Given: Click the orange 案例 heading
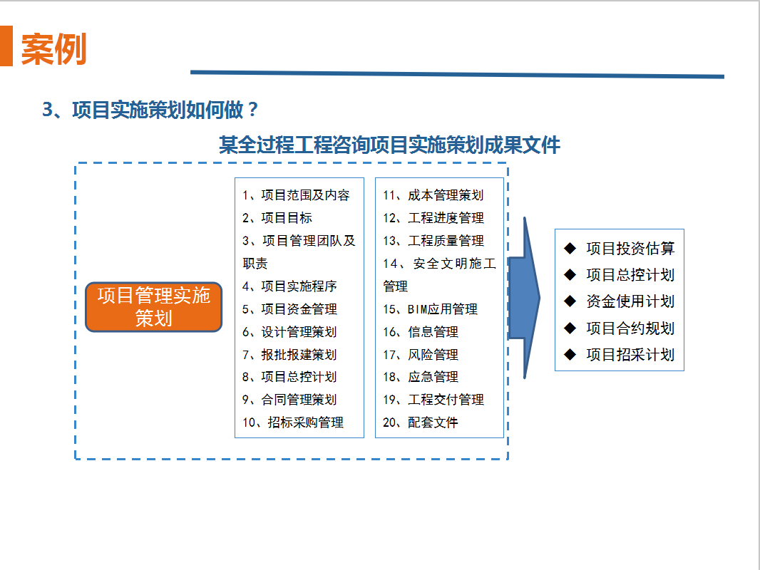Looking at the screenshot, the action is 53,49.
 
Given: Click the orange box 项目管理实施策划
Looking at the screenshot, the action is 154,307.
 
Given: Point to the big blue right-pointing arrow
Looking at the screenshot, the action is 524,298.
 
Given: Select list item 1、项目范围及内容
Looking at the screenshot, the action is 296,195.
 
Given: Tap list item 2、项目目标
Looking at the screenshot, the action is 277,218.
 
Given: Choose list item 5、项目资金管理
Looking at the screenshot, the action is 290,309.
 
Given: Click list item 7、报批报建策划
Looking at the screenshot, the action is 290,355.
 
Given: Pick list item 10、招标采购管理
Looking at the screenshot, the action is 293,423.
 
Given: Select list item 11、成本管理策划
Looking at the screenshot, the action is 433,195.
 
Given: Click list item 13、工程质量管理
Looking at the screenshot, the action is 433,241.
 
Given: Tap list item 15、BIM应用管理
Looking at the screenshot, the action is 431,309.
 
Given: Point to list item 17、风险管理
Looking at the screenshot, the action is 421,355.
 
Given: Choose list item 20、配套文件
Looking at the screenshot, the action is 421,423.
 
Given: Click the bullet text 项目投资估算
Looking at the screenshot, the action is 630,249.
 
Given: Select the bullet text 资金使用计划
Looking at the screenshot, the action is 630,301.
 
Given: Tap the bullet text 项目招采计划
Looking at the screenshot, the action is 630,355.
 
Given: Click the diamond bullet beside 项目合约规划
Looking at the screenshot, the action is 570,328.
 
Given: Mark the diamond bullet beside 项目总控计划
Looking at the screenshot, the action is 570,275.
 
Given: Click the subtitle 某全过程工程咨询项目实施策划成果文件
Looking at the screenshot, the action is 389,145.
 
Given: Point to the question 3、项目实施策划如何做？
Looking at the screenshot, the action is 150,110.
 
